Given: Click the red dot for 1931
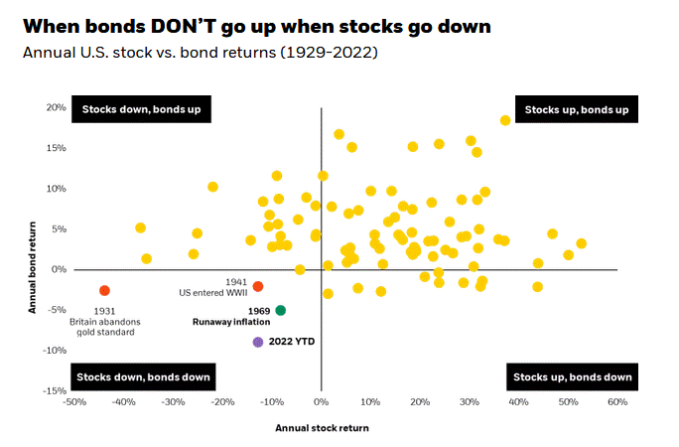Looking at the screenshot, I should click(104, 290).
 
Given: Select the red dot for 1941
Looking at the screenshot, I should click(257, 286).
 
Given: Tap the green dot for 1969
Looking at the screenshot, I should click(281, 310).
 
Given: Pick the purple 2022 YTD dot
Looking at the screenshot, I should click(258, 342).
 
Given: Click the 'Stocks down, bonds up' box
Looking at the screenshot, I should click(141, 109).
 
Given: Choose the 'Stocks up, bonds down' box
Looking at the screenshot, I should click(570, 377).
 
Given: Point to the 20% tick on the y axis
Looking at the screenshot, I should click(55, 107).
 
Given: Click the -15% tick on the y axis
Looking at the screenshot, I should click(53, 391).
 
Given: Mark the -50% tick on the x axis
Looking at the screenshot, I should click(73, 402).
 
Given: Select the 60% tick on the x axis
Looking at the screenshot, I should click(616, 402).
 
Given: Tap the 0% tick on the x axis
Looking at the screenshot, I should click(321, 402).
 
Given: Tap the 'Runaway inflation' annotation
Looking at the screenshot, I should click(231, 322).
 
